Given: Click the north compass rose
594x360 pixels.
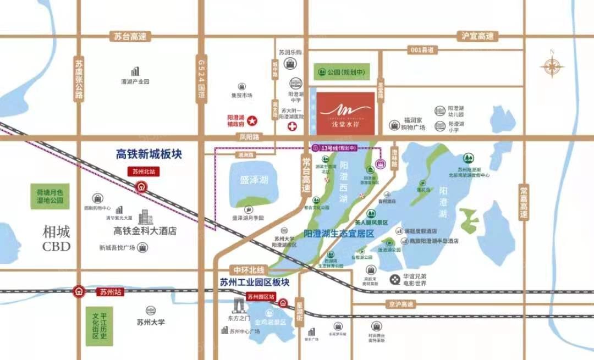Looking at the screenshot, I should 552,67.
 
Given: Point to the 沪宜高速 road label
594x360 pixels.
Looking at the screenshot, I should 477,36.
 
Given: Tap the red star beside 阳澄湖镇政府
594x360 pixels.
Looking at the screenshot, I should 251,120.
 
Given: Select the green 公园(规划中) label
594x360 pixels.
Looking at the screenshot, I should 341,72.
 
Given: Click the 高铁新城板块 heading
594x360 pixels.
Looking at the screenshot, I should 148,154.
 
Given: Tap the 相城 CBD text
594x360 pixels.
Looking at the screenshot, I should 57,239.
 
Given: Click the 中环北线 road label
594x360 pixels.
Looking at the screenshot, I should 249,270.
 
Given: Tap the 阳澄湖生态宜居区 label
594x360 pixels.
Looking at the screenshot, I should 339,234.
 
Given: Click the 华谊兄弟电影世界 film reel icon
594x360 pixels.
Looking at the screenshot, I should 395,279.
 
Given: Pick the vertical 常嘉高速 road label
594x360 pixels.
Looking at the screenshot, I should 524,202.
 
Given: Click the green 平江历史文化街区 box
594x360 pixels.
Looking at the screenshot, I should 99,324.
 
